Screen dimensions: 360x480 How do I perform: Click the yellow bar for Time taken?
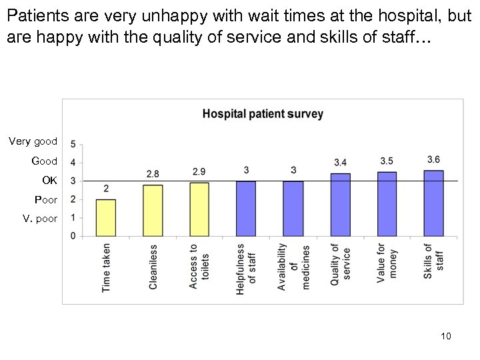105,217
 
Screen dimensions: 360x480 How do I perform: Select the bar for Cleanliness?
152,211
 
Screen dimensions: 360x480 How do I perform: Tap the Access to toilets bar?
199,209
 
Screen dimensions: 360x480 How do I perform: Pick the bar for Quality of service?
340,205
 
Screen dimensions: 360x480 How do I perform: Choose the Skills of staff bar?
433,203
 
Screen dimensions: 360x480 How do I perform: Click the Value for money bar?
387,204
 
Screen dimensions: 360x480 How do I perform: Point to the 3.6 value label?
433,159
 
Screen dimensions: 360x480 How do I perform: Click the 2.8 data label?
152,174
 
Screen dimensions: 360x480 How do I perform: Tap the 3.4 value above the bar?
340,162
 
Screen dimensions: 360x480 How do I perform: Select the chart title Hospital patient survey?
263,114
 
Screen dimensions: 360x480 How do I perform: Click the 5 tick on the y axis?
73,144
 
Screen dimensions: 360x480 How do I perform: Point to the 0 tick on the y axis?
73,236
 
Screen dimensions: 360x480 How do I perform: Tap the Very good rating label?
33,141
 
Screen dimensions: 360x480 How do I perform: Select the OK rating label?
50,181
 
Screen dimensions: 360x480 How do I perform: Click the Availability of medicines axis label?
293,267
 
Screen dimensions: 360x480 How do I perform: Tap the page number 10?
446,336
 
